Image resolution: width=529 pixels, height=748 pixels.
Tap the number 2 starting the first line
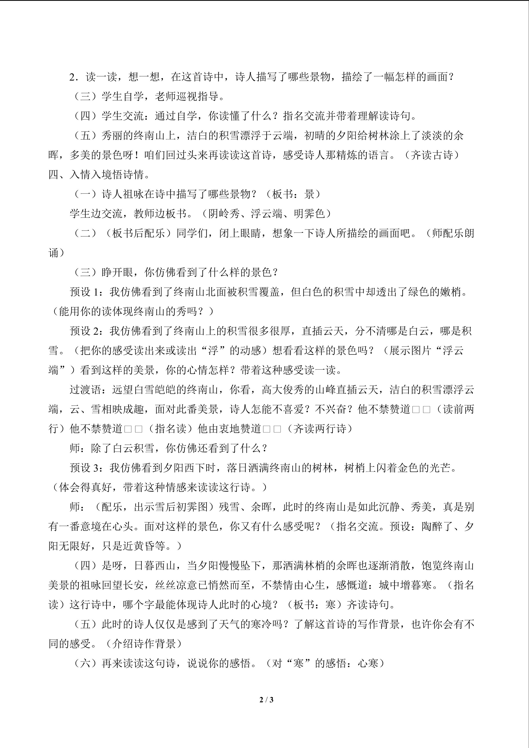[x=72, y=77]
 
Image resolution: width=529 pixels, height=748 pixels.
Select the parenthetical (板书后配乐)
[x=138, y=233]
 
